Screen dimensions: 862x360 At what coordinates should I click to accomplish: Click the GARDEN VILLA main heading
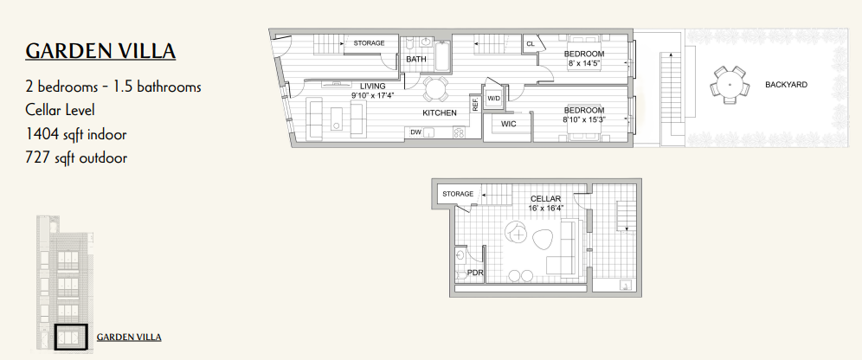pyautogui.click(x=100, y=51)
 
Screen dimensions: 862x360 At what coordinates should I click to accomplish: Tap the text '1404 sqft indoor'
pyautogui.click(x=76, y=134)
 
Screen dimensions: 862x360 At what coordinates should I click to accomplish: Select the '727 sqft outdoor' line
pyautogui.click(x=76, y=158)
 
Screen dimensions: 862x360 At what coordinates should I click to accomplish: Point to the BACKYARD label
pyautogui.click(x=786, y=85)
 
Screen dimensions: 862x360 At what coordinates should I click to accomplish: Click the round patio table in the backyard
pyautogui.click(x=730, y=85)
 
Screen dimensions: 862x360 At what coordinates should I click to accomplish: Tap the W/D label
pyautogui.click(x=493, y=99)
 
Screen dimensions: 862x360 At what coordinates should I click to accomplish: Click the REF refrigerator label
pyautogui.click(x=474, y=105)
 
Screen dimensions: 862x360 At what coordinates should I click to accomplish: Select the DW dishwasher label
pyautogui.click(x=415, y=132)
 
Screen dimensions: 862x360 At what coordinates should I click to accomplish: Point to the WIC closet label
pyautogui.click(x=509, y=124)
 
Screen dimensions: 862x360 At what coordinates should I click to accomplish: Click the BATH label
pyautogui.click(x=416, y=59)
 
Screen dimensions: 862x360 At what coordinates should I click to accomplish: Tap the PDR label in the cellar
pyautogui.click(x=474, y=273)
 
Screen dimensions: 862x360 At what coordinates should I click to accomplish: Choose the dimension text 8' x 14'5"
pyautogui.click(x=584, y=62)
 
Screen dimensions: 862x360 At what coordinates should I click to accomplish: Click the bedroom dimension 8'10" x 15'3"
pyautogui.click(x=583, y=119)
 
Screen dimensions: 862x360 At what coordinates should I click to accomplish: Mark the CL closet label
pyautogui.click(x=531, y=43)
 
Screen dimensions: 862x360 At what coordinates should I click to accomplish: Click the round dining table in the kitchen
pyautogui.click(x=435, y=89)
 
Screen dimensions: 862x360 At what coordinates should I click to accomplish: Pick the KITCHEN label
pyautogui.click(x=440, y=113)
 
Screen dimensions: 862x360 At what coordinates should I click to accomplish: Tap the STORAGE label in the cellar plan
pyautogui.click(x=458, y=194)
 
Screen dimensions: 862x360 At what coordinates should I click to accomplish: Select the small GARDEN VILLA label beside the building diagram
pyautogui.click(x=129, y=337)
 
